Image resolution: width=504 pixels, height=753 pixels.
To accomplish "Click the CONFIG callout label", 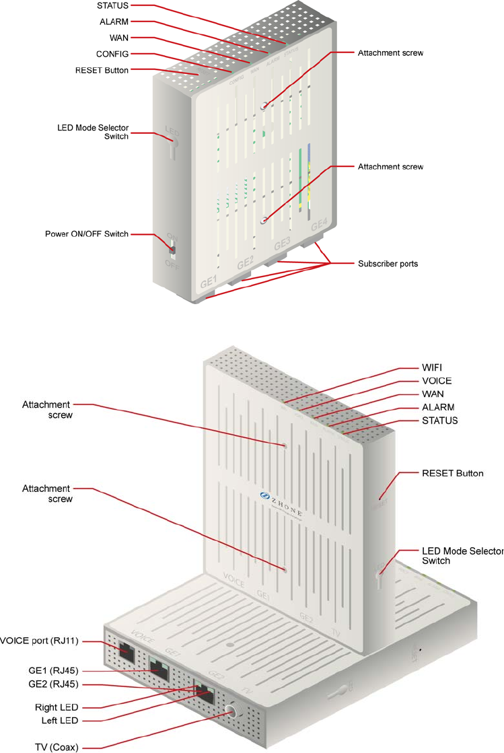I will [112, 54].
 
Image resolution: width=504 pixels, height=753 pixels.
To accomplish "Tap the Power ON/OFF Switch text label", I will [87, 234].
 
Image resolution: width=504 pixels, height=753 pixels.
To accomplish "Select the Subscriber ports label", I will [388, 264].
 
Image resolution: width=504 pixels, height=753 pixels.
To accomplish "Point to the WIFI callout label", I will [431, 368].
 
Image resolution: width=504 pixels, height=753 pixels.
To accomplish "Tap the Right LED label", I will [57, 707].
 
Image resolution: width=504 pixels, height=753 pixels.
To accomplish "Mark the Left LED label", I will [59, 721].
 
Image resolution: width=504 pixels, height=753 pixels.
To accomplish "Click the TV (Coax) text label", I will [57, 747].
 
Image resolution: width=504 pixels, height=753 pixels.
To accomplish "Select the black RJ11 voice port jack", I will [126, 651].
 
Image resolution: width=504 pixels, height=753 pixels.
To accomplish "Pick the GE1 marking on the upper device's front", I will [209, 281].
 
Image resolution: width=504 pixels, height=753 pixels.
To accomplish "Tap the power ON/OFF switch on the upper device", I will [172, 250].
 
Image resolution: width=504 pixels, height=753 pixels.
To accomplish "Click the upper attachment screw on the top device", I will [264, 105].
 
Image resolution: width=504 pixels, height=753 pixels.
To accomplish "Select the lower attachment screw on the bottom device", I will [285, 571].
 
